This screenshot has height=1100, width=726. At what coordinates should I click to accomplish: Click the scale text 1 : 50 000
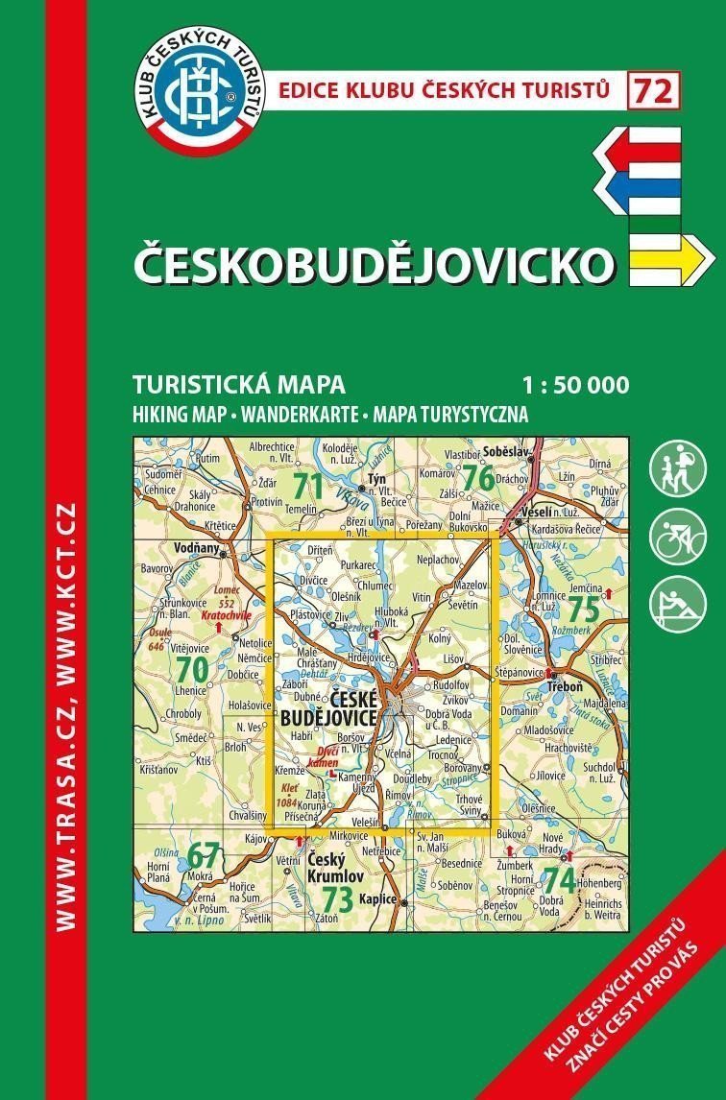(576, 386)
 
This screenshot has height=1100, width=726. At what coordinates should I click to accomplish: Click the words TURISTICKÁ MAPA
(239, 386)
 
